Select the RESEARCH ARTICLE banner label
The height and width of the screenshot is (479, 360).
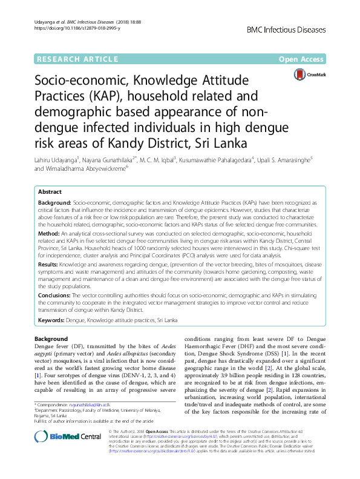coord(77,59)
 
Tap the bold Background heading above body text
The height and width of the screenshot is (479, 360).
coord(51,339)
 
